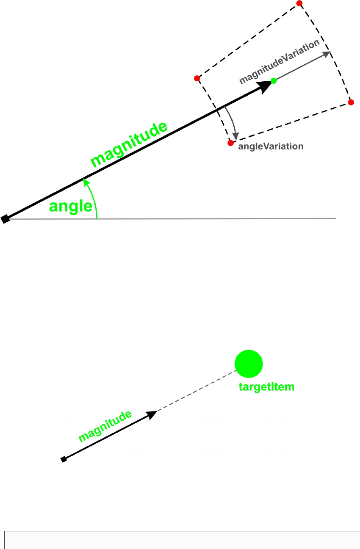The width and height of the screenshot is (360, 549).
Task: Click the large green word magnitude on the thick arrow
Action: point(130,145)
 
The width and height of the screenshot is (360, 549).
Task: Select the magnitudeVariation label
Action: point(279,63)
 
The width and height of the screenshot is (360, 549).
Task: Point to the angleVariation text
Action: point(271,146)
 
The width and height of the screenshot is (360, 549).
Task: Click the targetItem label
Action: point(264,386)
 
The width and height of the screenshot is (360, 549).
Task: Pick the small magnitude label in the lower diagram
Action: point(105,426)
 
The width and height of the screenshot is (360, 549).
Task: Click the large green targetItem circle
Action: point(249,364)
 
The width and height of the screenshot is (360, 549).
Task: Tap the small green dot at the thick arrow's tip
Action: point(274,80)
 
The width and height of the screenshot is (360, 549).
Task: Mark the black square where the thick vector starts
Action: point(5,219)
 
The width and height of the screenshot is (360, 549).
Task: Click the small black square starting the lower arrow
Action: point(64,459)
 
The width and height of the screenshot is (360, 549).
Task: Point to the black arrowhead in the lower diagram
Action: point(152,414)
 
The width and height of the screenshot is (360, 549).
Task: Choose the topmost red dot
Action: point(299,3)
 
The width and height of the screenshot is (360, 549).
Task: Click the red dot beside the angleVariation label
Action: point(230,143)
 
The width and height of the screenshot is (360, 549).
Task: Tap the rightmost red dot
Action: point(351,102)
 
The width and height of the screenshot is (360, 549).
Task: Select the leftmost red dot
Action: point(197,78)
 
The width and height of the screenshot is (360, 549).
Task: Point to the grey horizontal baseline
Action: point(212,218)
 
